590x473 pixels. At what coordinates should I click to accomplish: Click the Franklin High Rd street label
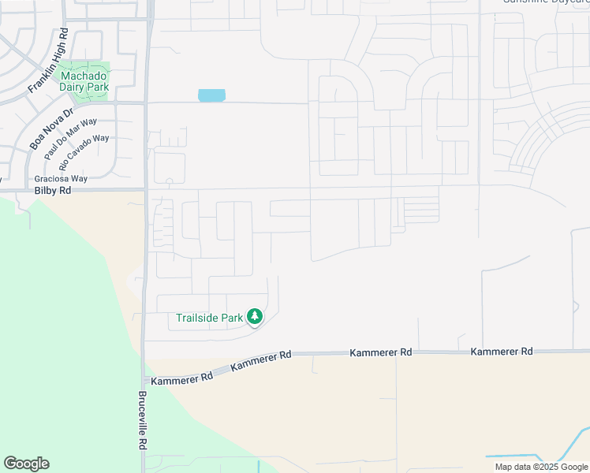tap(49, 61)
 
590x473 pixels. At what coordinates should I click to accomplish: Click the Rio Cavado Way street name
tap(84, 150)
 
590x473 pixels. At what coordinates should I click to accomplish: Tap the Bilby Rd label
tap(53, 192)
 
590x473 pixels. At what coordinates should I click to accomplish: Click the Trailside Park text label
tap(210, 318)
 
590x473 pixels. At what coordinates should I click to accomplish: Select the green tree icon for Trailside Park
tap(254, 317)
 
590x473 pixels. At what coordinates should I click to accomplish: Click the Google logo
tap(26, 464)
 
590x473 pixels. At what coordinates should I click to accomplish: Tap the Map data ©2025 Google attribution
tap(541, 467)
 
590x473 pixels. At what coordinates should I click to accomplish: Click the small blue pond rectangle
tap(211, 95)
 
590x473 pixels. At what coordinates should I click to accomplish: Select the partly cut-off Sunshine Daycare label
tap(545, 2)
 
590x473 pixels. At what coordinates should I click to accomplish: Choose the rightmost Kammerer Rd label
tap(502, 352)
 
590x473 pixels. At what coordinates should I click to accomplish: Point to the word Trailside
tap(197, 318)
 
